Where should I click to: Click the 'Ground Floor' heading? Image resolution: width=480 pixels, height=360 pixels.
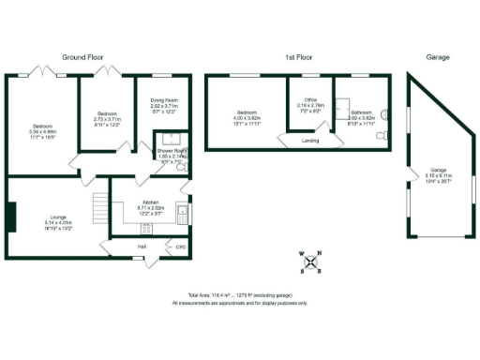(82, 57)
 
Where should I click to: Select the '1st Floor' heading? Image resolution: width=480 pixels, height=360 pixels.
(298, 57)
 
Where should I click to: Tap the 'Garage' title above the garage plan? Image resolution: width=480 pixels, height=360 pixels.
(437, 57)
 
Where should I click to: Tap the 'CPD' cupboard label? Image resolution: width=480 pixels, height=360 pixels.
(180, 247)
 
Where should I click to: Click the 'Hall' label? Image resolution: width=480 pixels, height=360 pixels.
(142, 247)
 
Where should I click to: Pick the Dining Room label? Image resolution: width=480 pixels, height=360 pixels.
(165, 105)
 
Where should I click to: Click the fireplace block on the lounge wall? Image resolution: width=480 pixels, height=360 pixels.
(11, 217)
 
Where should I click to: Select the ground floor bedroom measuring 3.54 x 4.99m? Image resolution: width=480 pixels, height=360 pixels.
(43, 131)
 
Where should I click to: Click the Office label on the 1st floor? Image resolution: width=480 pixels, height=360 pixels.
(309, 106)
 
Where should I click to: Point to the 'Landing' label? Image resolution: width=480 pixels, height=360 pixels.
(308, 142)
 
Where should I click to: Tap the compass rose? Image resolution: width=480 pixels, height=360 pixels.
(310, 262)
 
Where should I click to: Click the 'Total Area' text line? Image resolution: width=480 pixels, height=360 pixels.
(239, 295)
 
